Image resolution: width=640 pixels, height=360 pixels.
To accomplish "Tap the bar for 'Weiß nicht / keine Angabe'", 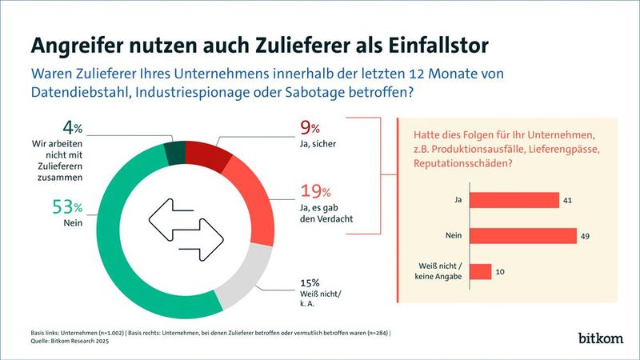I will tap(480, 272).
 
